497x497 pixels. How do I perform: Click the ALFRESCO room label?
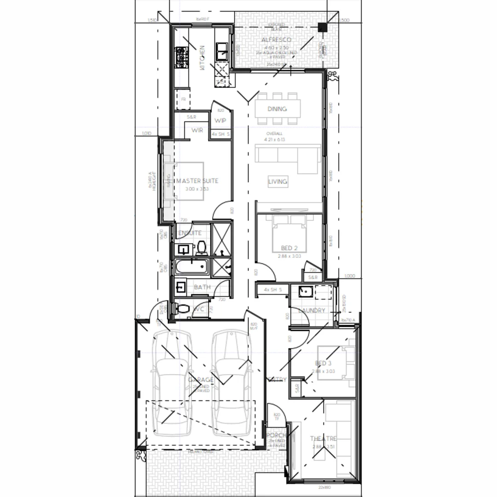click(276, 40)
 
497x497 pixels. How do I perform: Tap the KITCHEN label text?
click(202, 58)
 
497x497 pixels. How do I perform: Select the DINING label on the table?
click(277, 109)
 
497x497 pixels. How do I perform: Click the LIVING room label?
click(277, 182)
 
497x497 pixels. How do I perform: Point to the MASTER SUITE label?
click(197, 181)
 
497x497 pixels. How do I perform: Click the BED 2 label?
click(289, 248)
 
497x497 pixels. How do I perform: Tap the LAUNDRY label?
click(312, 311)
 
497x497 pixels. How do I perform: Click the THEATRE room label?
click(323, 439)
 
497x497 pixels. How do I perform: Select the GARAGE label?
click(201, 380)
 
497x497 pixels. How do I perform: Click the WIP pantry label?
click(220, 121)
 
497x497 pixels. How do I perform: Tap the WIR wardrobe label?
click(197, 130)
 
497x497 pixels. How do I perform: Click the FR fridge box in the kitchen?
click(183, 99)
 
